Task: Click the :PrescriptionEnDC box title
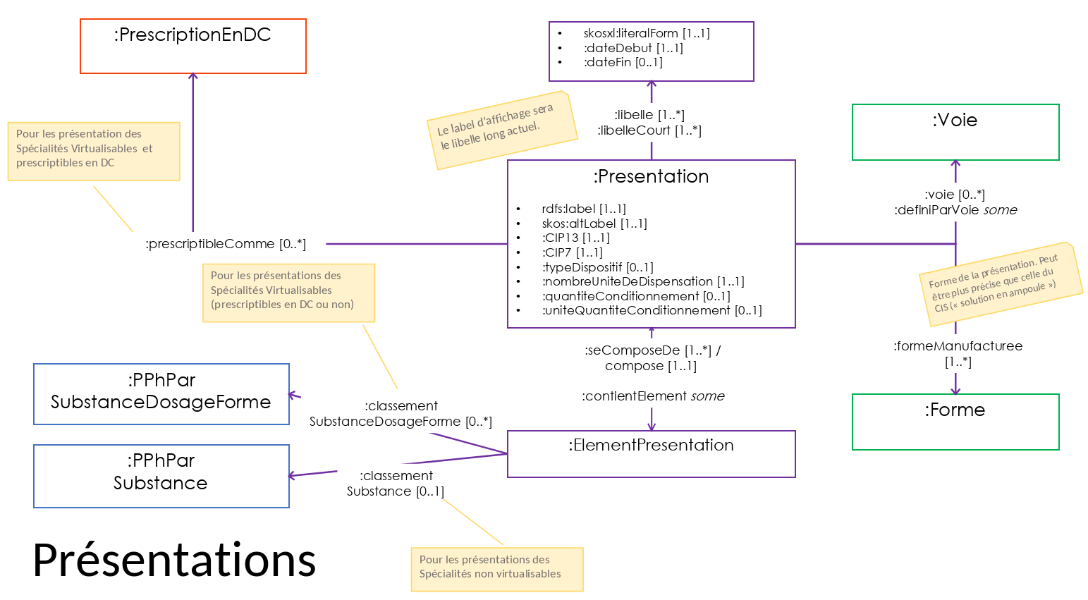192,35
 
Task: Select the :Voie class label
955,120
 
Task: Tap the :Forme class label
955,410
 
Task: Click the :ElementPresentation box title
651,445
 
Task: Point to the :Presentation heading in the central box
651,176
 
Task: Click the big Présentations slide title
174,560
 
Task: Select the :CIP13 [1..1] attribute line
575,238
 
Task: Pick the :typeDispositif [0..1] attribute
597,267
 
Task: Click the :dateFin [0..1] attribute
623,62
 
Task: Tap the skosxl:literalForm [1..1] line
647,33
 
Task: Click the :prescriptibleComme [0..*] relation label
226,244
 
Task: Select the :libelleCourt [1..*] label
649,130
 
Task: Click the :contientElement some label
653,396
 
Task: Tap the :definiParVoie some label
955,210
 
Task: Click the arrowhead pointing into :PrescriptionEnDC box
192,76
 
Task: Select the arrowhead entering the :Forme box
955,390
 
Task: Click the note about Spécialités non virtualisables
497,570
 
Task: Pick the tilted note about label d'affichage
502,130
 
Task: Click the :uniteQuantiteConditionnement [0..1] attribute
652,310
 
